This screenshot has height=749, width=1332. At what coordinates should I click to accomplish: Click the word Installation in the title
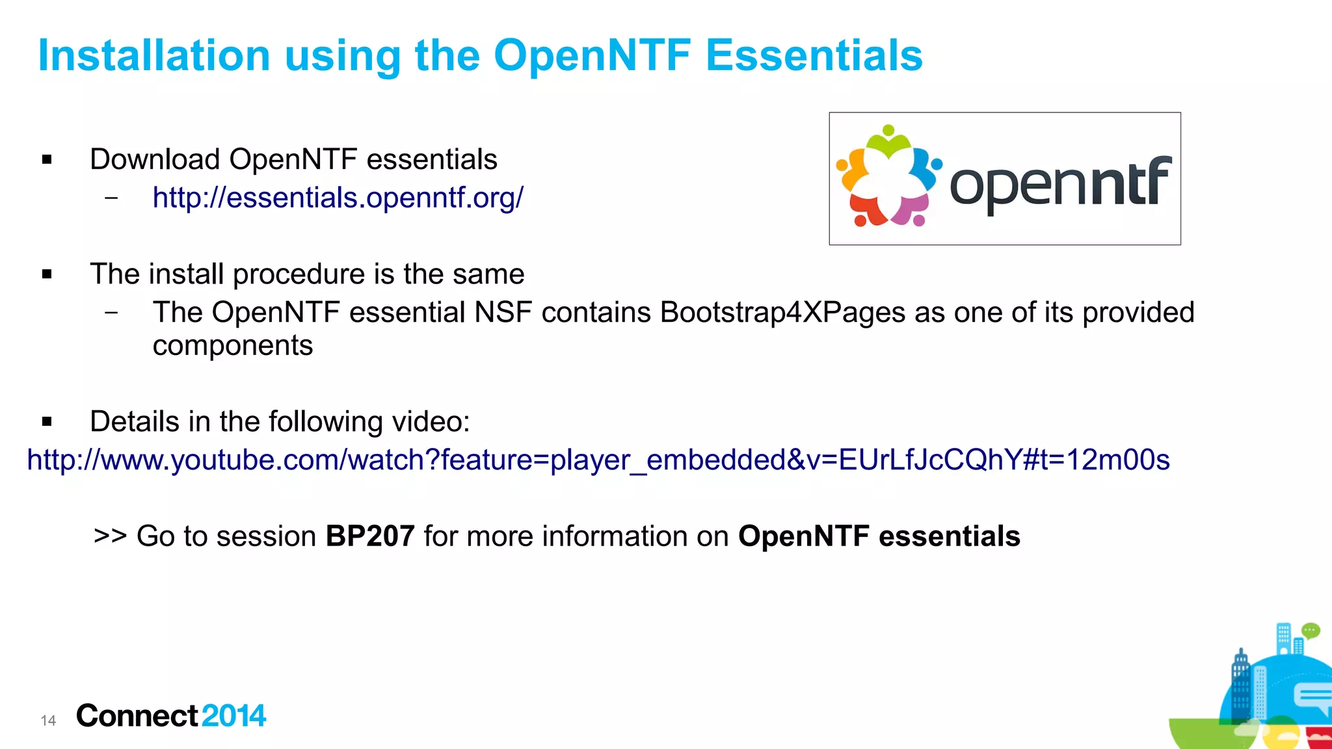click(154, 55)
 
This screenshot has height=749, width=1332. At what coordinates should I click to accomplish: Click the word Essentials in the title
click(814, 55)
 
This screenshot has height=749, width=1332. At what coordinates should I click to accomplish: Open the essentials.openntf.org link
click(338, 198)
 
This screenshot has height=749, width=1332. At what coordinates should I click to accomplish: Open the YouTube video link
click(598, 460)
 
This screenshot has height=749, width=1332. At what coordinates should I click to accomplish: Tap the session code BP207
click(370, 536)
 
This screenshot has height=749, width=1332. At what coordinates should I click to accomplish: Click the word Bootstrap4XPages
click(782, 313)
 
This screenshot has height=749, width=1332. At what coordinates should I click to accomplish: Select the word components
click(233, 346)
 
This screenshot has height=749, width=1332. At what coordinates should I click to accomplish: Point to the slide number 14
click(48, 720)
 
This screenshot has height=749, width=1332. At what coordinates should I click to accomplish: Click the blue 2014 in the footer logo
click(233, 716)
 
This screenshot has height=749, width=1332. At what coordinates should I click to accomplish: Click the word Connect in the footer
click(137, 716)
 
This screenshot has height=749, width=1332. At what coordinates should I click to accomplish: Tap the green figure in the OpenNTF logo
click(888, 142)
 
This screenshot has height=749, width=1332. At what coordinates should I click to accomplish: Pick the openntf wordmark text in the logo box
click(1060, 185)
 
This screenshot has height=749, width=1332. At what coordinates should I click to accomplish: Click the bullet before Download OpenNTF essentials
click(47, 160)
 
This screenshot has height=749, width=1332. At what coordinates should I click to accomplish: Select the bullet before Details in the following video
click(47, 422)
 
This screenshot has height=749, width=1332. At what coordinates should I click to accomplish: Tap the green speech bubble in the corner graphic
click(1311, 630)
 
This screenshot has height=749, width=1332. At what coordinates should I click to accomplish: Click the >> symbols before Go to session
click(110, 536)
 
